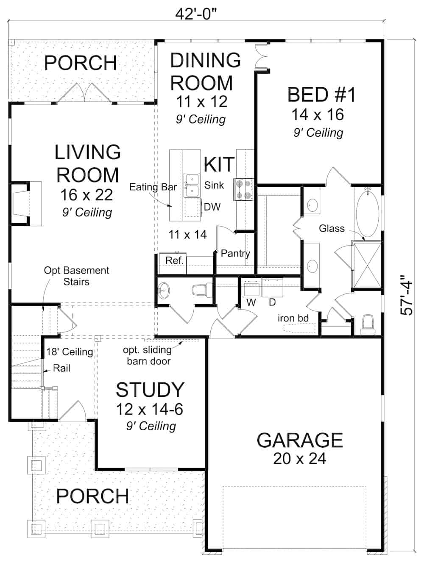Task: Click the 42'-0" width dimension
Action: (196, 14)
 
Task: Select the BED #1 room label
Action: (321, 95)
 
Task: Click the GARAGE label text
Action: (300, 440)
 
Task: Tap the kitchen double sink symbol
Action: (192, 185)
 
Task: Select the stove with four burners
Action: (243, 189)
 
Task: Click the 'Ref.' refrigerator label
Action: (174, 260)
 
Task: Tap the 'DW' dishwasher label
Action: (212, 207)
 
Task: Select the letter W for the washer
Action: (251, 302)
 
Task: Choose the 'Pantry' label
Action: (235, 253)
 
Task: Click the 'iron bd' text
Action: (293, 318)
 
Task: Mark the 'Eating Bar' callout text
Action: (153, 187)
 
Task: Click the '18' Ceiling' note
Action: (70, 352)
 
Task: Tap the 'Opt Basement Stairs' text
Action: (76, 276)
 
